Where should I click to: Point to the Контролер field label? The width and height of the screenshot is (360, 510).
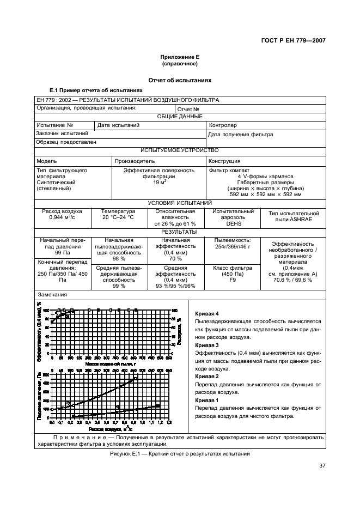coord(223,125)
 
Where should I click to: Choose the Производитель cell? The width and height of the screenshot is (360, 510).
coord(135,161)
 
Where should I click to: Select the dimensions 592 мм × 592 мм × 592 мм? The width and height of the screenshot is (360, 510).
coord(265,195)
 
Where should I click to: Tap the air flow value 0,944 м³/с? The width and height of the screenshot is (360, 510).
coord(62,217)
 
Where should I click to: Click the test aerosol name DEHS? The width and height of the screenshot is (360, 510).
coord(233,223)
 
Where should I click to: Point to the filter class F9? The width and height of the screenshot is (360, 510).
coord(233,280)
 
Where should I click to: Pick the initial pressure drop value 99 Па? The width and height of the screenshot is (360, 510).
coord(62,253)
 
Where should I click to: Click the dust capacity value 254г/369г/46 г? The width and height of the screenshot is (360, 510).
coord(233,247)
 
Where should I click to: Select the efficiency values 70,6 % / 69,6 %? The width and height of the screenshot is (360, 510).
coord(292,280)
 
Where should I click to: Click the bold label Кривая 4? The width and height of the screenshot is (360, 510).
coord(206,314)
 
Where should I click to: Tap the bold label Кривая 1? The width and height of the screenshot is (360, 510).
coord(206,400)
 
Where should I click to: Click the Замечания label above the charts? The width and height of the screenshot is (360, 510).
coord(52,295)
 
